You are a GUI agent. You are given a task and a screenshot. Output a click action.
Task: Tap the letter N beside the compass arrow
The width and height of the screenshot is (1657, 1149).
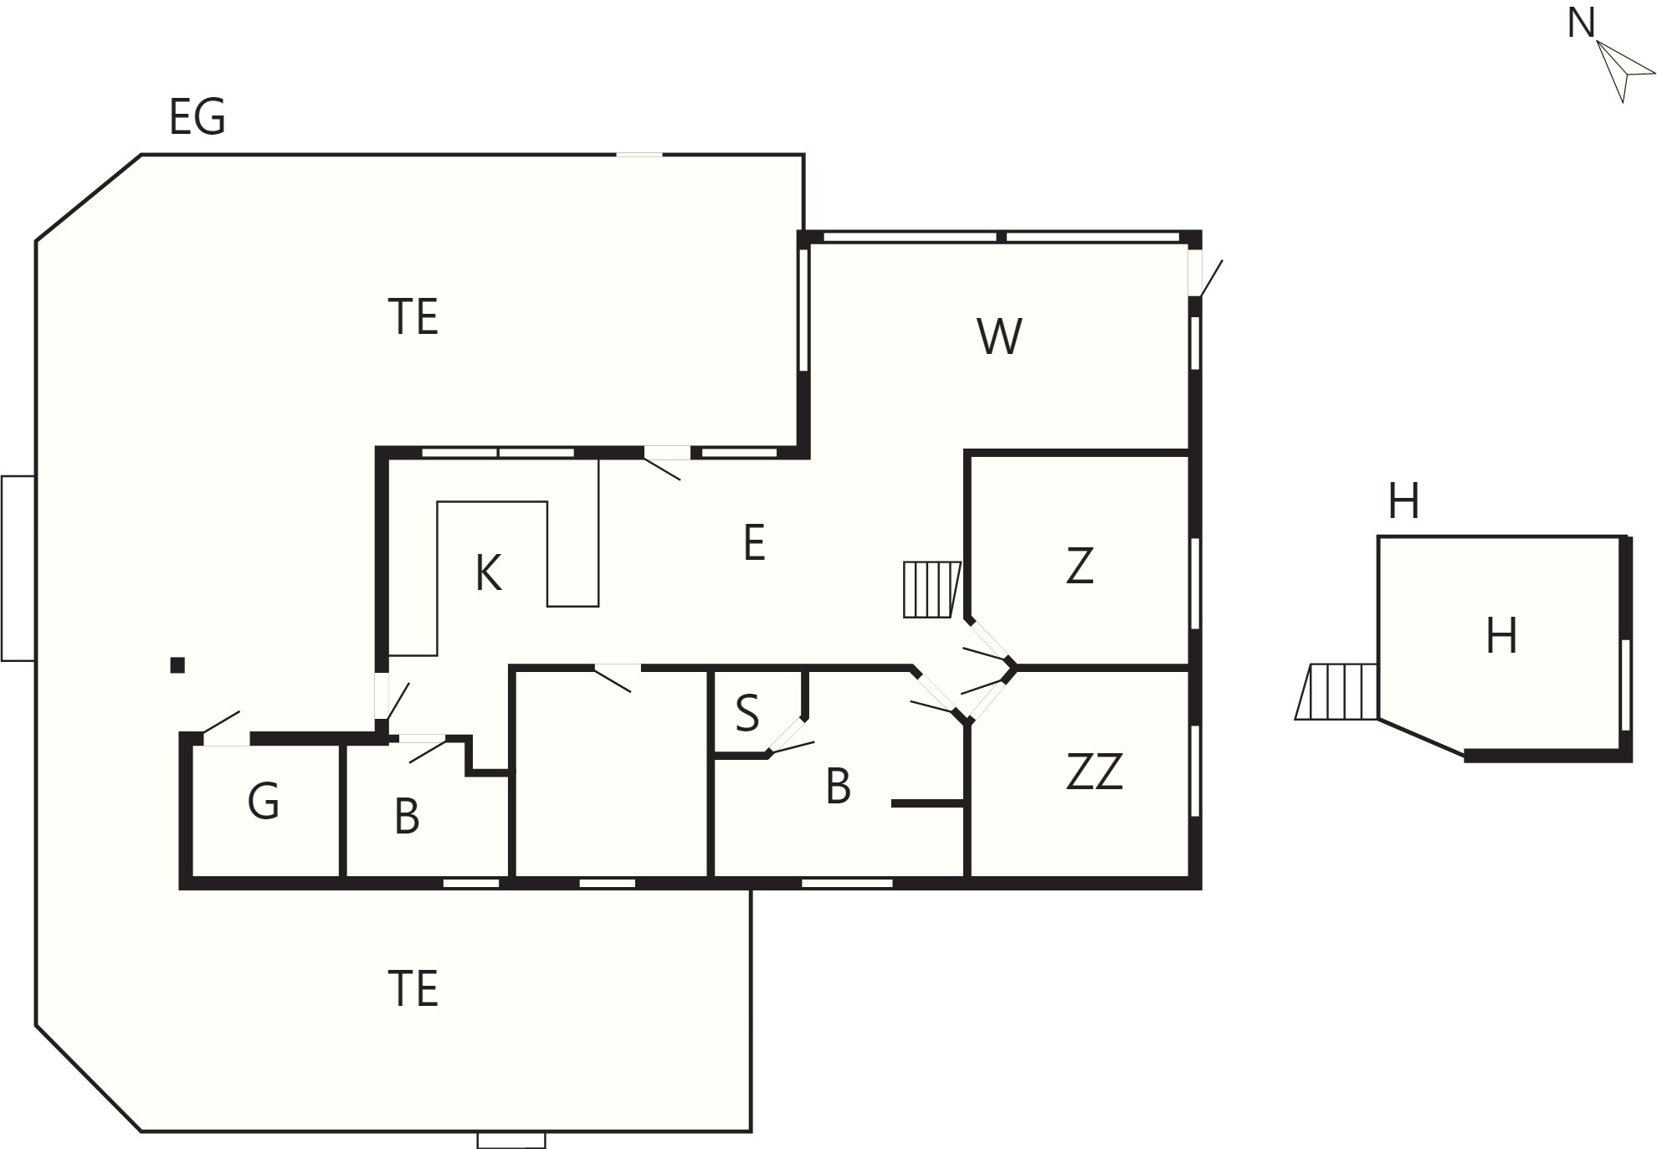pos(1581,23)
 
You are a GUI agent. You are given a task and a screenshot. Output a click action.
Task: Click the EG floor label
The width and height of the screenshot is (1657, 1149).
pos(198,117)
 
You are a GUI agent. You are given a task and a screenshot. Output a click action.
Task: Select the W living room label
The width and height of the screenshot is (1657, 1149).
pos(999,336)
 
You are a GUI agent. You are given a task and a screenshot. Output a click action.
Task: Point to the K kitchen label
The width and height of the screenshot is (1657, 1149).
pos(488,574)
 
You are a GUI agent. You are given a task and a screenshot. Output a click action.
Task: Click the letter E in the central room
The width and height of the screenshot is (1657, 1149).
pos(754,543)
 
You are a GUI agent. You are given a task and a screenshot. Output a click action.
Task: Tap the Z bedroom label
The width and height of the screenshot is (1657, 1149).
pos(1080,566)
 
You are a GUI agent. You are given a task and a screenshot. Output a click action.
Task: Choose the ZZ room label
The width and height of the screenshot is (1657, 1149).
pos(1094,772)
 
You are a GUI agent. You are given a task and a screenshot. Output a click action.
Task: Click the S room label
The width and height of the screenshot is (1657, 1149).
pos(747,714)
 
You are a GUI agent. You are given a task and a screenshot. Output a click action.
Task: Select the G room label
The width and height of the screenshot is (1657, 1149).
pos(264,802)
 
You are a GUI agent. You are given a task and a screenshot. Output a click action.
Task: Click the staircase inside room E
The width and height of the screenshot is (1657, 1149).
pos(931,590)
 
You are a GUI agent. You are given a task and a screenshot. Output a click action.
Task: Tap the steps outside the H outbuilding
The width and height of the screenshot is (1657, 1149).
pos(1336,691)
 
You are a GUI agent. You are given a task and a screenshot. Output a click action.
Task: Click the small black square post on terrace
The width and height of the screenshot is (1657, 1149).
pos(177,665)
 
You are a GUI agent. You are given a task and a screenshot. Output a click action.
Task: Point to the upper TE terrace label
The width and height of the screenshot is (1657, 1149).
pos(413,317)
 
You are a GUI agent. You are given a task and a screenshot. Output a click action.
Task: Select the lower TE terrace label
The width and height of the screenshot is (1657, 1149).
pos(413,988)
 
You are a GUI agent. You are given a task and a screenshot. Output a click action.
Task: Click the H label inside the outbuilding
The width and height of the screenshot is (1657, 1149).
pos(1501,636)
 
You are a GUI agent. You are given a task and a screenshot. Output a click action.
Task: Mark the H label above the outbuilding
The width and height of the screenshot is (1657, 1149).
pos(1403,502)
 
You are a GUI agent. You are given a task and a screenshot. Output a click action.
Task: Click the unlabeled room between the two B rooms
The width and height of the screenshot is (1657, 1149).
pos(611,774)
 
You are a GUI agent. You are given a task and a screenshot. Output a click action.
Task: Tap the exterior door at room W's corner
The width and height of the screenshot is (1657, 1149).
pos(1203,272)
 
